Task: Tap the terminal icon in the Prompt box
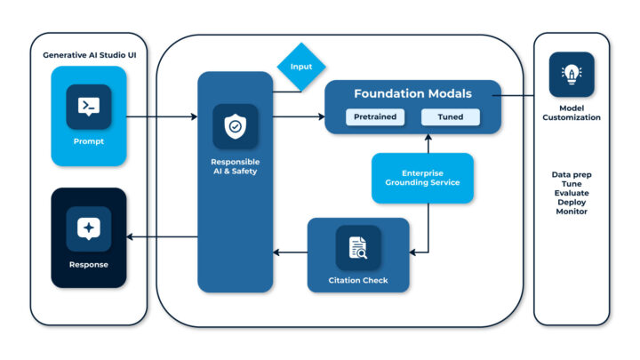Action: (x=88, y=107)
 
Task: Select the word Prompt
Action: (x=88, y=140)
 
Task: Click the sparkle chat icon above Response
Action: (x=88, y=228)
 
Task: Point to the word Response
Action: (x=88, y=264)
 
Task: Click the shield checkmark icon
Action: (x=235, y=127)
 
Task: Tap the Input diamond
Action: (x=300, y=66)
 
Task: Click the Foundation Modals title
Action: (x=412, y=93)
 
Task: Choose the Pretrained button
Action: (x=373, y=116)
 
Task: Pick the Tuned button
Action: (x=449, y=116)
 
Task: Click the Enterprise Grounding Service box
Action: (x=422, y=178)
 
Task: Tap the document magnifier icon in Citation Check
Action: (x=358, y=247)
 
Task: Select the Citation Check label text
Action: (x=358, y=281)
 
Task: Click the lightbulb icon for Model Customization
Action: (x=572, y=74)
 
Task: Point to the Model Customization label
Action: (x=572, y=112)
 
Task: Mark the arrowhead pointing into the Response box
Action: (x=132, y=236)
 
